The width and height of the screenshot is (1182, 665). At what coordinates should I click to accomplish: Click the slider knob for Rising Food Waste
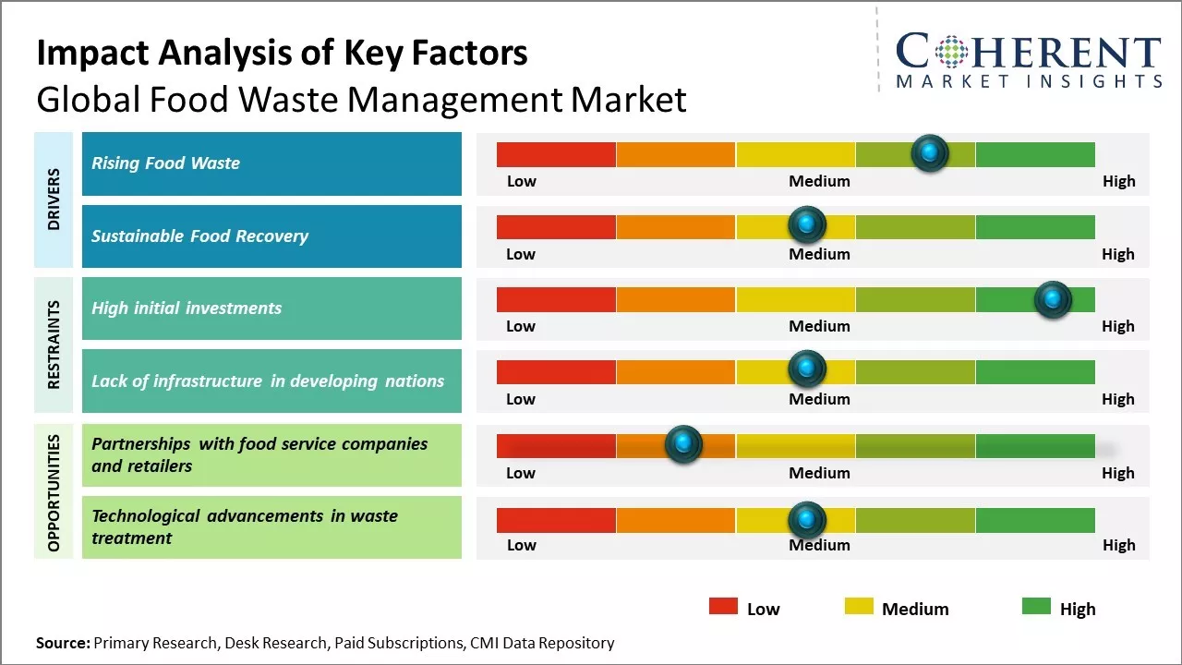point(930,153)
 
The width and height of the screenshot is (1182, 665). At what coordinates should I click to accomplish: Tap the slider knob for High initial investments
point(1053,299)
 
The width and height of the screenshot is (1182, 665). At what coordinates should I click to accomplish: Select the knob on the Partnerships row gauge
point(683,444)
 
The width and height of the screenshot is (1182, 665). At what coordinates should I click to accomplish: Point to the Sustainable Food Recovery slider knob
point(807,224)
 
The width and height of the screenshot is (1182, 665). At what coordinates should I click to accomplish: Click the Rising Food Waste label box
point(271,163)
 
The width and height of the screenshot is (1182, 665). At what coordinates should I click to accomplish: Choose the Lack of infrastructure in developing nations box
point(271,381)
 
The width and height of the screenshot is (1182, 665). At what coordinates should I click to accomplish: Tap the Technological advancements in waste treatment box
point(271,527)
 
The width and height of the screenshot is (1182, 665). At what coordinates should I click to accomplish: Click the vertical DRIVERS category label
point(54,199)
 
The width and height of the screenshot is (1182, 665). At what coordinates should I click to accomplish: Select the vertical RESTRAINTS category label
point(54,345)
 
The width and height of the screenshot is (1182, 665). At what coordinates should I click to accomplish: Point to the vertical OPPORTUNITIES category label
point(54,491)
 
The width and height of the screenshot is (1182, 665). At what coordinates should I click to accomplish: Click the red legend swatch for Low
point(723,607)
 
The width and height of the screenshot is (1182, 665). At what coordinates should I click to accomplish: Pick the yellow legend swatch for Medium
point(859,607)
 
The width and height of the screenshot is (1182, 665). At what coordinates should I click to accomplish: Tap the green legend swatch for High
point(1036,607)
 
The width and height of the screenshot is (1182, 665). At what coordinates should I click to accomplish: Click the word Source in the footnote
point(63,643)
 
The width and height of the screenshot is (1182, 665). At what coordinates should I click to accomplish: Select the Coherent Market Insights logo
point(1029,60)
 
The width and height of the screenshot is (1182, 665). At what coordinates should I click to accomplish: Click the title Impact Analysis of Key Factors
point(282,53)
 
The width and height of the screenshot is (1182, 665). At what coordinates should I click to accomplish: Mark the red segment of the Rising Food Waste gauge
point(556,154)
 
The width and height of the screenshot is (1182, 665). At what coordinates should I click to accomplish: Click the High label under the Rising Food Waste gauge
point(1118,181)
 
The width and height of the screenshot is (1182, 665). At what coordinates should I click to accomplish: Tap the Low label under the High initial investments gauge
point(521,326)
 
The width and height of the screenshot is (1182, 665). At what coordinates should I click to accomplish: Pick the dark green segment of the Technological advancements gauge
point(1034,520)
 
